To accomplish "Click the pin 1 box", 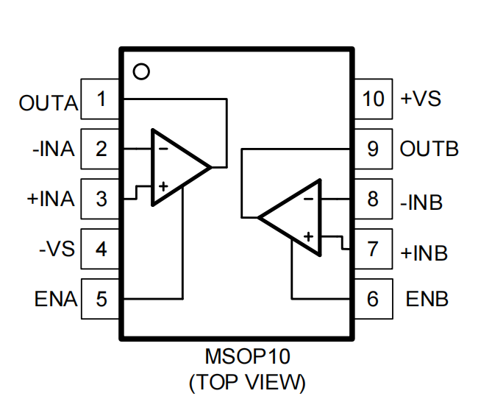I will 101,99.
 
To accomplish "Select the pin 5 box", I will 101,299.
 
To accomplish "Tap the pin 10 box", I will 374,99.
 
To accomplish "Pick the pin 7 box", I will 374,249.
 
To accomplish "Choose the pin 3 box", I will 101,199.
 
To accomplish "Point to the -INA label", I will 53,149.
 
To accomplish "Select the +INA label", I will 51,200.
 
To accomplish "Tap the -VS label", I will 57,249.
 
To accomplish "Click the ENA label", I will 55,300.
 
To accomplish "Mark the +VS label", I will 421,99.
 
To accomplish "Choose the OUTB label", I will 429,149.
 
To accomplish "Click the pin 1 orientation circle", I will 141,72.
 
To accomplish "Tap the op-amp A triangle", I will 177,168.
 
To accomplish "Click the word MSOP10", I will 247,358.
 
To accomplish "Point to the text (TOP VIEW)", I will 247,383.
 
